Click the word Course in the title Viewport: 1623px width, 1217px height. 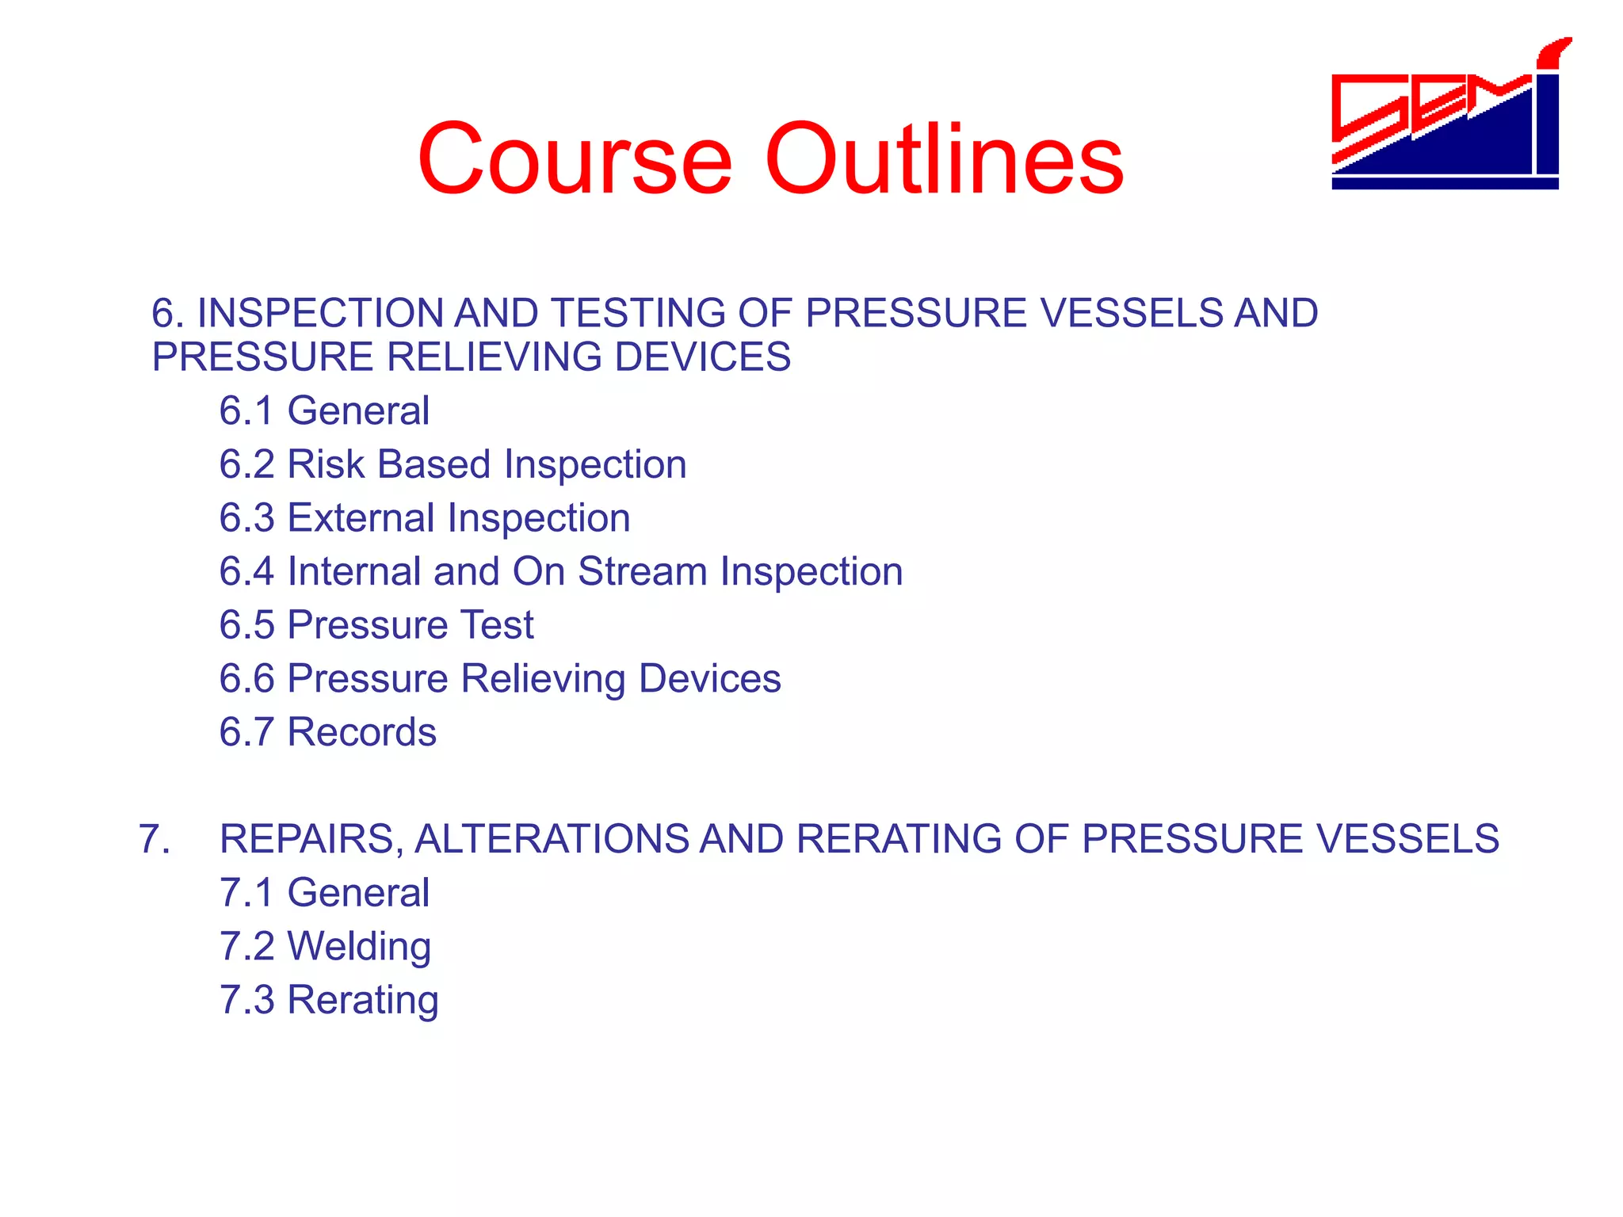pos(575,158)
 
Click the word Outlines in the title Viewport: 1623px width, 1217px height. pos(943,158)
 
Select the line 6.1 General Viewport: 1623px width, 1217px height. pos(324,410)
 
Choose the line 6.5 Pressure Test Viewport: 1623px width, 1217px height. pos(376,624)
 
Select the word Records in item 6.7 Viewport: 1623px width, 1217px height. pos(362,732)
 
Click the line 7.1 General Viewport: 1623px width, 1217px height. pos(324,892)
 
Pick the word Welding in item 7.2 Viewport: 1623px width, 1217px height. pos(359,946)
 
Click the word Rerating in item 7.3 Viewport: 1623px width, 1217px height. pos(363,1000)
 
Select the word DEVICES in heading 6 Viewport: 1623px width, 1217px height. pos(702,357)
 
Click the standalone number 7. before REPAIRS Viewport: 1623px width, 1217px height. pos(154,839)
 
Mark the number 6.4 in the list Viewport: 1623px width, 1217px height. pos(246,571)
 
